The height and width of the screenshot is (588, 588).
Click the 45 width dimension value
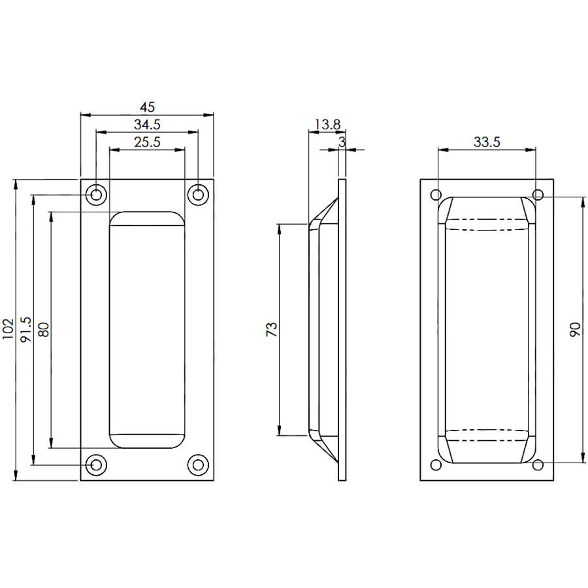click(148, 107)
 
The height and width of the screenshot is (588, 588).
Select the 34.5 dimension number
click(148, 125)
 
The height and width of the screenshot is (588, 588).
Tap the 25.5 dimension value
click(148, 142)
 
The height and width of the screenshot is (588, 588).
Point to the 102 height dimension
click(8, 329)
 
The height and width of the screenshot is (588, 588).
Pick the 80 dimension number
click(44, 330)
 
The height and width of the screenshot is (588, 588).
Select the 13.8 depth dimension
click(327, 125)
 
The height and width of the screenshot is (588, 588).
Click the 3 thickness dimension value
click(342, 142)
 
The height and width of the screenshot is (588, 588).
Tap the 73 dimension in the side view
click(272, 329)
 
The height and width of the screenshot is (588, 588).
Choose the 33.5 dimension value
click(487, 142)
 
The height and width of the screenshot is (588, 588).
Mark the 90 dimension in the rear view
click(575, 330)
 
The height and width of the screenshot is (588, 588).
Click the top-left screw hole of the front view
click(97, 195)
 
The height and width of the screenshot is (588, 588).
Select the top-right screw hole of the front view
click(198, 195)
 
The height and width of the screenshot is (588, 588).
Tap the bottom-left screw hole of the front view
click(97, 465)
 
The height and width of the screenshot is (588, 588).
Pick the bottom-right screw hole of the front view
click(198, 465)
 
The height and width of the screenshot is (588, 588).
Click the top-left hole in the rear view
click(436, 195)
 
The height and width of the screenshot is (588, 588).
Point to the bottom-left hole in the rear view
click(436, 465)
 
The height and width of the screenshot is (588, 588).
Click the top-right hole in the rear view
click(538, 195)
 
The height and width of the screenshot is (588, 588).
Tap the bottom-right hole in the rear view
click(538, 465)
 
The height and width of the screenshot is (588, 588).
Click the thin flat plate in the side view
click(342, 330)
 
